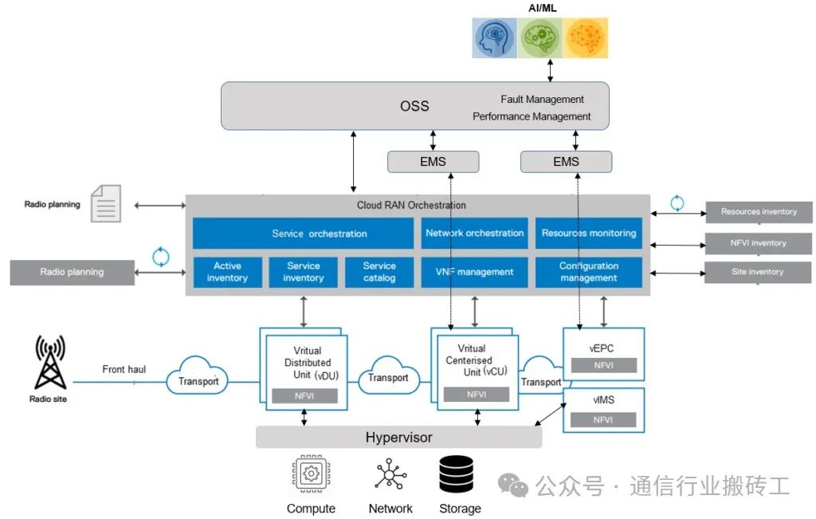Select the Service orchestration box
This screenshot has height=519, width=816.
pyautogui.click(x=303, y=234)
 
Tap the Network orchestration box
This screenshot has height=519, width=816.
pyautogui.click(x=474, y=234)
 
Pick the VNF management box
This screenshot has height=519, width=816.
pyautogui.click(x=474, y=272)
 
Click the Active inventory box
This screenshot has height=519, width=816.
pyautogui.click(x=227, y=272)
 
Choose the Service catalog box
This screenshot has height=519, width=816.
pyautogui.click(x=379, y=272)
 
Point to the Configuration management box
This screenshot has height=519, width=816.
pyautogui.click(x=589, y=272)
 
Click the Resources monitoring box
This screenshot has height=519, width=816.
pyautogui.click(x=589, y=234)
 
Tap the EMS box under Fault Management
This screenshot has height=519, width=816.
pyautogui.click(x=567, y=162)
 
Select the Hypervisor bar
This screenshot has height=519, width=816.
pyautogui.click(x=398, y=437)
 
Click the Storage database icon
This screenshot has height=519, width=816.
pyautogui.click(x=456, y=474)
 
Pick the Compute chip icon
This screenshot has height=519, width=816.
pyautogui.click(x=312, y=474)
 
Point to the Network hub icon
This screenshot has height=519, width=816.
pyautogui.click(x=390, y=474)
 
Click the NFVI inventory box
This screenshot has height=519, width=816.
pyautogui.click(x=759, y=243)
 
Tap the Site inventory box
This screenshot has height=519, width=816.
pyautogui.click(x=758, y=272)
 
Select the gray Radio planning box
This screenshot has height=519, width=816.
pyautogui.click(x=73, y=272)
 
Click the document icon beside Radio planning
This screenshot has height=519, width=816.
pyautogui.click(x=106, y=203)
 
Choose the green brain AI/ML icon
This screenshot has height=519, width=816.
pyautogui.click(x=539, y=38)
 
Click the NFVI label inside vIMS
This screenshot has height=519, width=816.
pyautogui.click(x=603, y=419)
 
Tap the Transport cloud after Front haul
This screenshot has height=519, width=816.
pyautogui.click(x=198, y=375)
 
